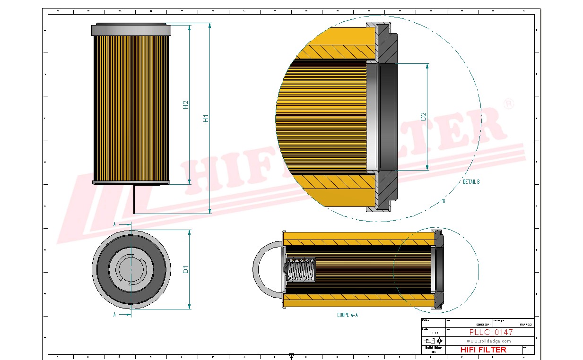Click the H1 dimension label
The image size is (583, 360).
[x=206, y=118]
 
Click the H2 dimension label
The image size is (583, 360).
[x=186, y=105]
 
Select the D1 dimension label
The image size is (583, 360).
[x=186, y=269]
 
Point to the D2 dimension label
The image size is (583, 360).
[x=424, y=116]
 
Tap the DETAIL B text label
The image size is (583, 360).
[x=471, y=182]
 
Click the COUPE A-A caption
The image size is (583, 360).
[x=347, y=315]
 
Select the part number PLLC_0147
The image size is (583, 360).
[x=491, y=332]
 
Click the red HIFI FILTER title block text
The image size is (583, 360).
[x=483, y=350]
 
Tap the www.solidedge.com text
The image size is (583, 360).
[x=488, y=341]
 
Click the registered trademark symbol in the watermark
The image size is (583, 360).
[x=508, y=103]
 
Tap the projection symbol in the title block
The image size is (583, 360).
[x=433, y=341]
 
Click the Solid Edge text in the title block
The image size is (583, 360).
[x=433, y=348]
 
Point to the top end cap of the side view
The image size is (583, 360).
[x=131, y=29]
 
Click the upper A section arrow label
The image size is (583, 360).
[x=115, y=224]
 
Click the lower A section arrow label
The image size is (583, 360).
[x=115, y=314]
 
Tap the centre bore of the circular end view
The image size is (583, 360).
[x=131, y=269]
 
